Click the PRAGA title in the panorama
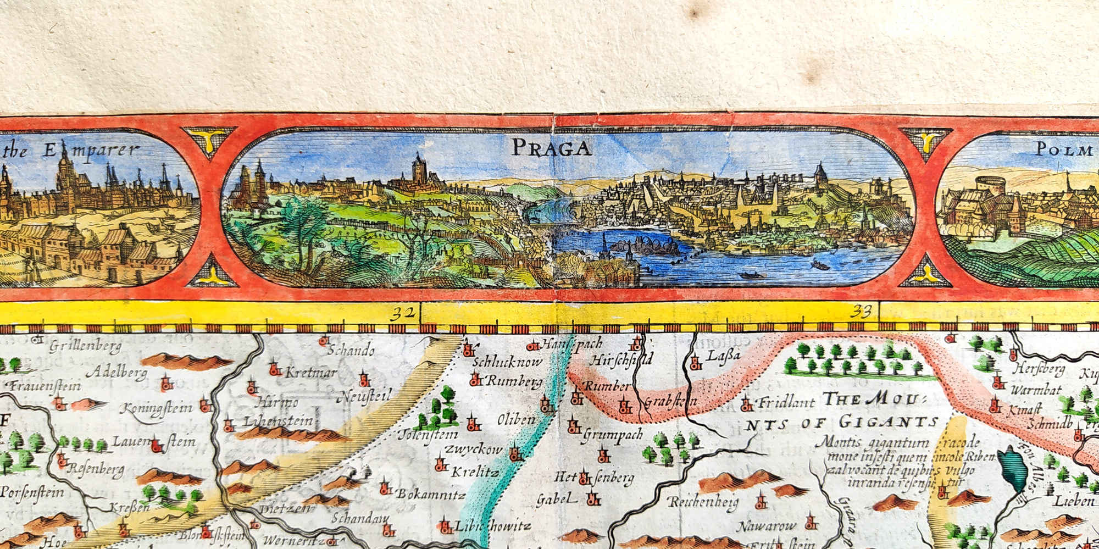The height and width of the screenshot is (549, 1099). click(x=551, y=147)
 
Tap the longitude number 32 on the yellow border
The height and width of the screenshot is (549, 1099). click(x=402, y=314)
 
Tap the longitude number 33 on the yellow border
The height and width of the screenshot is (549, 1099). click(x=861, y=312)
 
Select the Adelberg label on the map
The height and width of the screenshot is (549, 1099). click(x=116, y=373)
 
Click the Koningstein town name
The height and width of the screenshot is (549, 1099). click(x=156, y=408)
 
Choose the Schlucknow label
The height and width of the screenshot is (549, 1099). click(x=507, y=362)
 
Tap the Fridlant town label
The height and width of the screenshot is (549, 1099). click(x=786, y=403)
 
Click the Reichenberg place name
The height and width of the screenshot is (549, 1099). click(x=703, y=502)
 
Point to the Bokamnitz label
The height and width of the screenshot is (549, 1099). click(x=431, y=493)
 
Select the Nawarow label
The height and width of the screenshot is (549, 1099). click(x=765, y=526)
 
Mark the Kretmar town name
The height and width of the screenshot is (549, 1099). click(x=310, y=372)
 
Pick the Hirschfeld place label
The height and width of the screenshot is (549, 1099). click(x=621, y=361)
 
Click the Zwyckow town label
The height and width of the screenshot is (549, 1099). click(x=473, y=449)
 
